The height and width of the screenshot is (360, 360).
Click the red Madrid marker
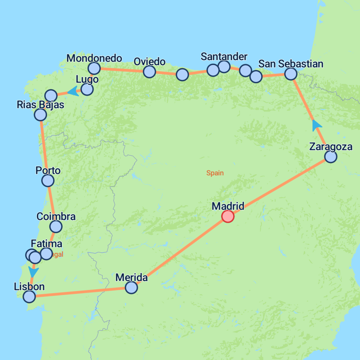[228, 217]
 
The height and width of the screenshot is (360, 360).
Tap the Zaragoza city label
[330, 147]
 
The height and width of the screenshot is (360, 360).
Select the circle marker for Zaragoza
[330, 156]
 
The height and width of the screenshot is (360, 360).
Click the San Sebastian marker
[291, 73]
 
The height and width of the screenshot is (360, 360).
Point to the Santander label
[224, 57]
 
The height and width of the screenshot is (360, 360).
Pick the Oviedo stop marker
[149, 72]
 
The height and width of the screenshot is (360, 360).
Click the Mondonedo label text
[94, 58]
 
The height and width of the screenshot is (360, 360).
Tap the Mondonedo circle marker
[94, 68]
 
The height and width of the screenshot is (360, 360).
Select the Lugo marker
[87, 89]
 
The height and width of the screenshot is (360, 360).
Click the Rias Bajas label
[40, 104]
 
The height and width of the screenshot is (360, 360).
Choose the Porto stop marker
[48, 180]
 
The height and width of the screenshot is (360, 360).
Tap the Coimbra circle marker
[56, 226]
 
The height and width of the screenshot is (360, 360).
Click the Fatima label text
[46, 244]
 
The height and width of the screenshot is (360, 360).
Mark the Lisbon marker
[29, 297]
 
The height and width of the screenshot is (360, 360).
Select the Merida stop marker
[131, 288]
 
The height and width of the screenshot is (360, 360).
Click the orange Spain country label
[215, 173]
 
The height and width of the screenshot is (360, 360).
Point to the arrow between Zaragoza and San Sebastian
[317, 125]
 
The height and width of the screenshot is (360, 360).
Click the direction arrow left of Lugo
[73, 91]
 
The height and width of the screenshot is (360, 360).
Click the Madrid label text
[228, 206]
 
